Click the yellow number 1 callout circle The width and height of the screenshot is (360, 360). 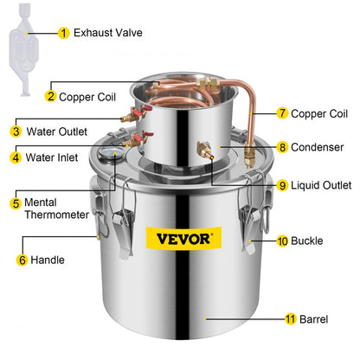click(63, 33)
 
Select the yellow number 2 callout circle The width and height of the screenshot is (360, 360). click(51, 97)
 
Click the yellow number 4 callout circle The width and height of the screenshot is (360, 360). click(16, 157)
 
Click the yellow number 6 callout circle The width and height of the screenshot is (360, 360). click(23, 258)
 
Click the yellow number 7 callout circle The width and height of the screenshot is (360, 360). click(282, 113)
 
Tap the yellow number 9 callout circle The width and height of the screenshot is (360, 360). click(282, 184)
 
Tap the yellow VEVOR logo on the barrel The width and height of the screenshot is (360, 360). click(177, 238)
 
